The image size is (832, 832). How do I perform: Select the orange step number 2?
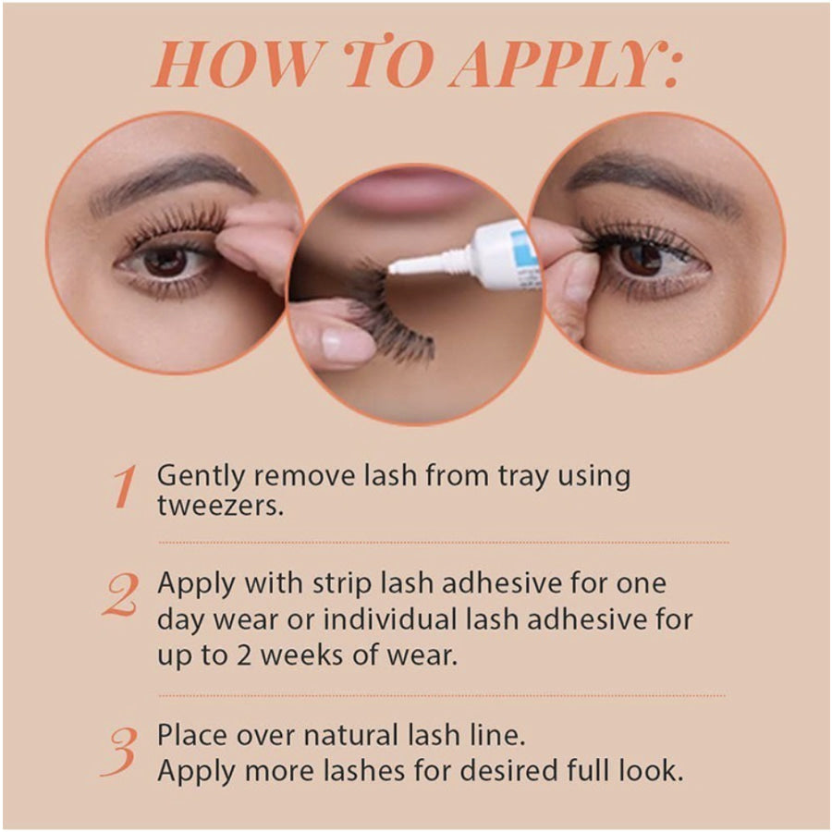pos(122,594)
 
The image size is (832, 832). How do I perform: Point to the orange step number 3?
pos(122,750)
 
